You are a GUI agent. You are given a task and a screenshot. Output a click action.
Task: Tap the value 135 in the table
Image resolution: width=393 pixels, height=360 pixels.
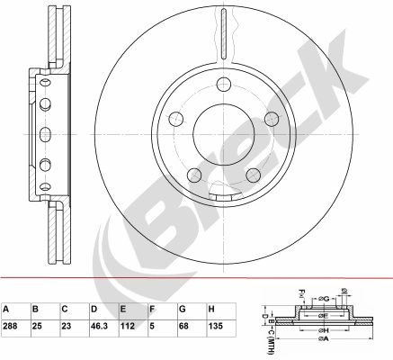point(216,326)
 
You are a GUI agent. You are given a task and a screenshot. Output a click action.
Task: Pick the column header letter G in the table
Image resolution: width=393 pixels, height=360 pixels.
point(183,309)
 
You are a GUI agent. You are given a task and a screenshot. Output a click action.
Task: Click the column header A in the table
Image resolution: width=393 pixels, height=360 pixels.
point(6,309)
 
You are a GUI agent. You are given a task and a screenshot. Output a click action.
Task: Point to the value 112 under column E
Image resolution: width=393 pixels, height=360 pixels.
point(128,326)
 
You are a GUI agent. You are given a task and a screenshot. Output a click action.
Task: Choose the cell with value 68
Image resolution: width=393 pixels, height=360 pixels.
point(183,326)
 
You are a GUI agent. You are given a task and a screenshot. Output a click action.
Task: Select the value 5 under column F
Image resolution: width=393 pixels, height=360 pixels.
point(152,326)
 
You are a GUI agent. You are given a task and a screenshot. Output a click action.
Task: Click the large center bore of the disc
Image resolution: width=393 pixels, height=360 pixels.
point(224,134)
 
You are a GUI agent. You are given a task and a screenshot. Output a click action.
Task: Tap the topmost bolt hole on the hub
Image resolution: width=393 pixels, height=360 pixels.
point(224,84)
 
